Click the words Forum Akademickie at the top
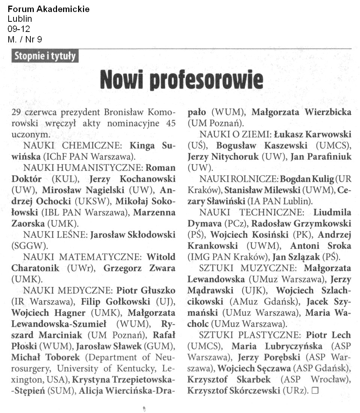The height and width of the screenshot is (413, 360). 48,9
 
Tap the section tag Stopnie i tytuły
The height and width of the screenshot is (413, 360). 45,56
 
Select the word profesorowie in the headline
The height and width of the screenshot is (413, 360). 206,80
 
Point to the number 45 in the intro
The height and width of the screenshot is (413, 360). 170,123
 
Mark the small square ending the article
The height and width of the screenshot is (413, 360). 315,390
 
